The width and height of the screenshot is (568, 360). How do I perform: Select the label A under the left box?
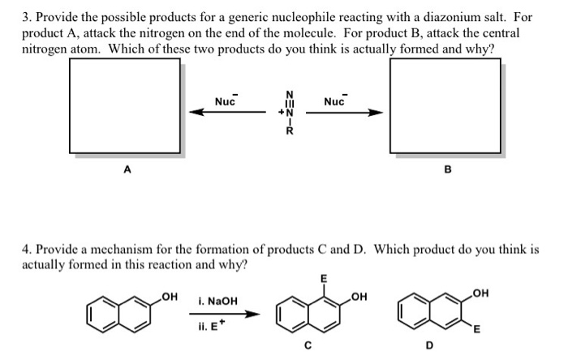click(126, 169)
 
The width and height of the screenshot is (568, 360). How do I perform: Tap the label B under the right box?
click(446, 171)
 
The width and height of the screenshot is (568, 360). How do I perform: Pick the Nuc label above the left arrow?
click(225, 101)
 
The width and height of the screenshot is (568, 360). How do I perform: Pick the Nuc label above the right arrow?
click(335, 101)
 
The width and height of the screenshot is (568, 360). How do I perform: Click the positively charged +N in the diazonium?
click(283, 112)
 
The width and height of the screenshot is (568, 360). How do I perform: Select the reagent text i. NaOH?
click(217, 301)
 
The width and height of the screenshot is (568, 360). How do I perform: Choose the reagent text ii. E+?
click(212, 327)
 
